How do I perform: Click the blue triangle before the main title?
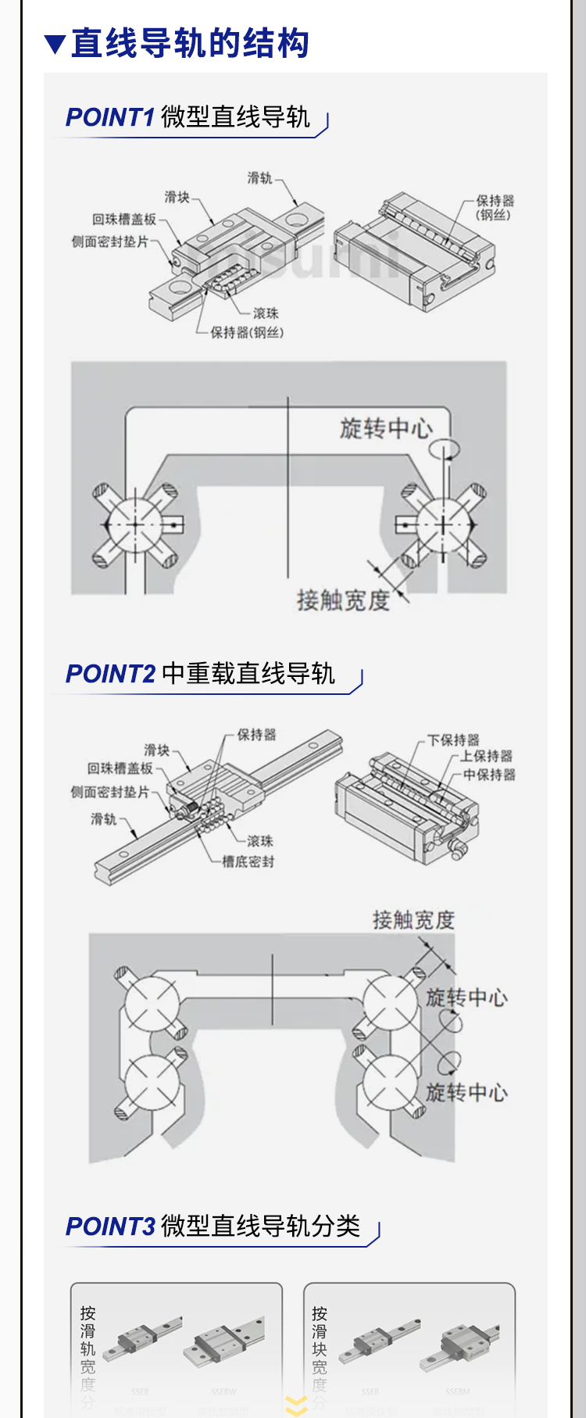[x=55, y=45]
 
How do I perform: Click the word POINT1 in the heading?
[x=110, y=118]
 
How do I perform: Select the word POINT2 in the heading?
[x=111, y=674]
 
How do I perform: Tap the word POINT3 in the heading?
[x=111, y=1226]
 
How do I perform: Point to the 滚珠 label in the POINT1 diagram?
[x=266, y=313]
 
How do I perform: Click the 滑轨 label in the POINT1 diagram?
[x=259, y=178]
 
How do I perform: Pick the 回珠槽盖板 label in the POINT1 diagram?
[x=124, y=220]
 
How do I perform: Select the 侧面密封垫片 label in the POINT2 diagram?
[x=110, y=792]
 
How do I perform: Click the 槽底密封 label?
[x=248, y=861]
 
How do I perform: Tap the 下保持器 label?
[x=453, y=739]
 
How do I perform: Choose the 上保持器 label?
[x=486, y=756]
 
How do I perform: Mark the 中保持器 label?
[x=489, y=775]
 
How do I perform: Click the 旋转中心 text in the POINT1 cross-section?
[x=386, y=428]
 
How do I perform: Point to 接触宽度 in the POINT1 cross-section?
[x=343, y=600]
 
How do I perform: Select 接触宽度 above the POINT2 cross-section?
[x=413, y=920]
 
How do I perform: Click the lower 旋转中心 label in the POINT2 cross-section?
[x=466, y=1092]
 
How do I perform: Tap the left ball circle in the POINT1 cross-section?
[x=134, y=524]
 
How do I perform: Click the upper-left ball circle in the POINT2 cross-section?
[x=152, y=1003]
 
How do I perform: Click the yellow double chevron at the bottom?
[x=296, y=1405]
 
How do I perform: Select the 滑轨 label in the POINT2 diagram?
[x=103, y=819]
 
